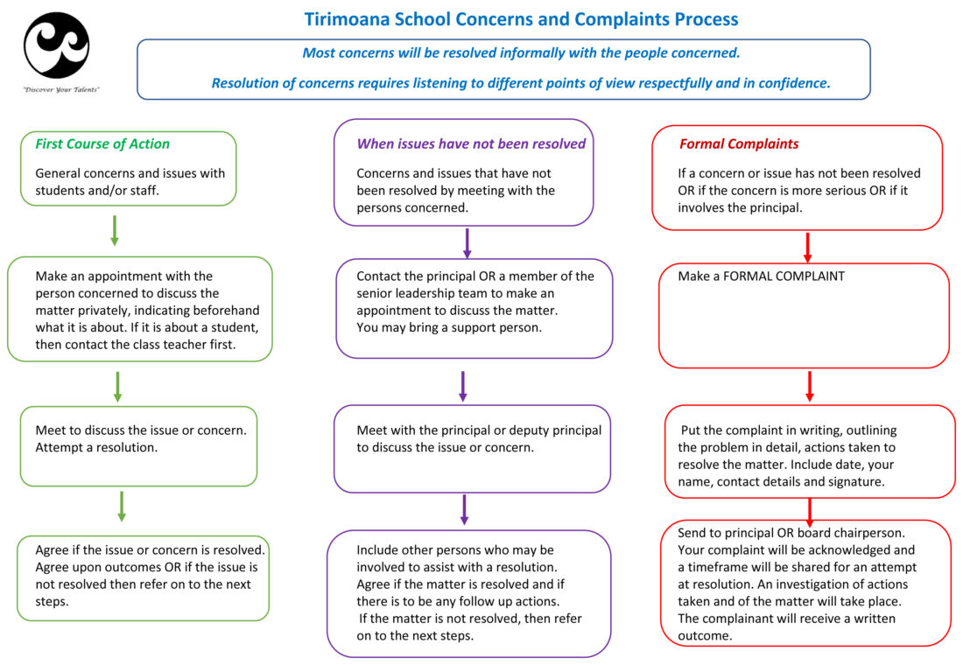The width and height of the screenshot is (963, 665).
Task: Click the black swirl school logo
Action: (x=57, y=45)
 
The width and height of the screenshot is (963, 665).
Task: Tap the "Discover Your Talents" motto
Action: (x=60, y=89)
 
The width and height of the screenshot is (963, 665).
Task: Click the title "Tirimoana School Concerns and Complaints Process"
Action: (x=521, y=19)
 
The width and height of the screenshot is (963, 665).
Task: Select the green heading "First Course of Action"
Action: (x=102, y=143)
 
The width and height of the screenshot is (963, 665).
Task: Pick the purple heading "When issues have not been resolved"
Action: (x=471, y=143)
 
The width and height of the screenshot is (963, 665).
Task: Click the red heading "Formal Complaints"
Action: (x=739, y=143)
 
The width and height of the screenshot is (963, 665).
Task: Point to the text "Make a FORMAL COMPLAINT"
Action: (x=761, y=276)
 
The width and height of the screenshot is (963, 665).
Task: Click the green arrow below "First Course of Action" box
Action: (x=114, y=231)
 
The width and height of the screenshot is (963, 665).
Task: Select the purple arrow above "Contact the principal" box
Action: (x=467, y=243)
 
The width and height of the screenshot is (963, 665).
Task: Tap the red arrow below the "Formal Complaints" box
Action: (x=808, y=248)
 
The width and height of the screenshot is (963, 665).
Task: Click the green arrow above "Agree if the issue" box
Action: (x=122, y=507)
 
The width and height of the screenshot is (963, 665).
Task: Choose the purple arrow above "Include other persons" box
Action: (x=464, y=509)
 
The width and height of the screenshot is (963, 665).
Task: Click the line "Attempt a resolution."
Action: (x=96, y=448)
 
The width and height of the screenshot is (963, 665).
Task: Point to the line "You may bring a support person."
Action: (x=449, y=327)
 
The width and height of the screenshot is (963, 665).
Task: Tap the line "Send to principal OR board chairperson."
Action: (x=791, y=533)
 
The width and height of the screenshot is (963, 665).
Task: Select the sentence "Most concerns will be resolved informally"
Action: (x=521, y=52)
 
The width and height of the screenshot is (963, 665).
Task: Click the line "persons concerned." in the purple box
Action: (x=412, y=207)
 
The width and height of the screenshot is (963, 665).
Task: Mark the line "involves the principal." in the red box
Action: (x=740, y=207)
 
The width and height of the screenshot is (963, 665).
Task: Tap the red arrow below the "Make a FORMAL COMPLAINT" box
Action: (x=810, y=386)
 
